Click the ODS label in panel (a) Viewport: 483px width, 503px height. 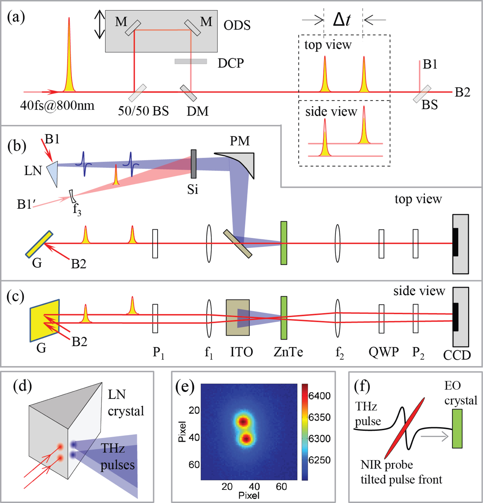(x=237, y=26)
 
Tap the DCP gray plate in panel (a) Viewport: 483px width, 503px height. (x=190, y=61)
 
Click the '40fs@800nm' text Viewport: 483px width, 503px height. (x=57, y=105)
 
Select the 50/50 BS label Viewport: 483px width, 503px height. (x=143, y=111)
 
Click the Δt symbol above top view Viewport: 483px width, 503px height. (x=342, y=20)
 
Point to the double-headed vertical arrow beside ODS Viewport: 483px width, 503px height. (x=99, y=24)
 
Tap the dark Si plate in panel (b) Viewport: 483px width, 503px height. (x=194, y=164)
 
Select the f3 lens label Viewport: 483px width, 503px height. (x=77, y=209)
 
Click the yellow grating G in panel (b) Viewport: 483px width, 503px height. (x=39, y=245)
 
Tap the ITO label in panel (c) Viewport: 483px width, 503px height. (x=241, y=352)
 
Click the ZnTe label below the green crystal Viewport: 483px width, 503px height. (x=288, y=352)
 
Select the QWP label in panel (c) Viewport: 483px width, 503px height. (x=383, y=352)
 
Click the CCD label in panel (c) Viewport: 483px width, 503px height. (x=457, y=355)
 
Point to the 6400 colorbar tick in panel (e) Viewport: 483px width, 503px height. (x=319, y=396)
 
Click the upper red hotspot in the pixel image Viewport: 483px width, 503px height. (x=243, y=422)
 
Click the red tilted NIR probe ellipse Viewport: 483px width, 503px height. (x=404, y=428)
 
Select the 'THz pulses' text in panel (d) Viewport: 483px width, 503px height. (x=117, y=456)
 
